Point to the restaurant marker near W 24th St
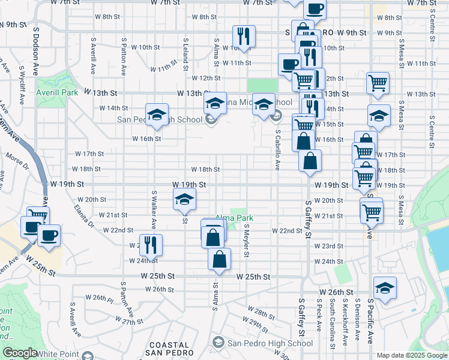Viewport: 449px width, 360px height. (x=149, y=245)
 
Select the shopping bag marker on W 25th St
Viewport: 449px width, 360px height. (x=219, y=260)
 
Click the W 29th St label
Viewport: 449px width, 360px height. (x=257, y=325)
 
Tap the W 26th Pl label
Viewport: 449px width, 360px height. (x=99, y=298)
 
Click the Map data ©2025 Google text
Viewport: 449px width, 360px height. (x=411, y=355)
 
